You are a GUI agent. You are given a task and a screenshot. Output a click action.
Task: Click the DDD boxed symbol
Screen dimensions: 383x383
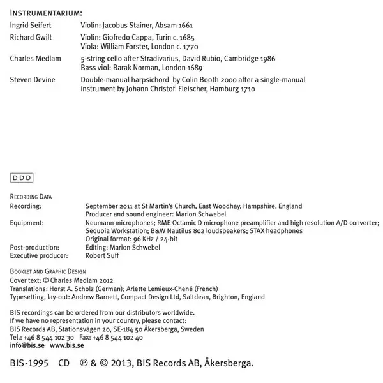tap(22, 178)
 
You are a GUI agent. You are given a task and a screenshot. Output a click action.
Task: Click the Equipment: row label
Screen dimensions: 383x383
tap(27, 223)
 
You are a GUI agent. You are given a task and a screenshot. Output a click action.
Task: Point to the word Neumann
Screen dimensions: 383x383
tap(100, 223)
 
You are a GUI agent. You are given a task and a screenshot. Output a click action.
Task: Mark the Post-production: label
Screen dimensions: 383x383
tap(34, 247)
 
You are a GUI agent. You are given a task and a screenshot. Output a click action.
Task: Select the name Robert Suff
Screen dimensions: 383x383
tap(102, 255)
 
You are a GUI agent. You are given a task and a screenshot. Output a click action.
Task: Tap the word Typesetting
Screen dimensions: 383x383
tap(28, 297)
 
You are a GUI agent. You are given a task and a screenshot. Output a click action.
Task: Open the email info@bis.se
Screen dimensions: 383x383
tap(27, 345)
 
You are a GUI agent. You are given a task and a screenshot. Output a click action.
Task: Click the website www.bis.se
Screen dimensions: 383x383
tap(67, 345)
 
